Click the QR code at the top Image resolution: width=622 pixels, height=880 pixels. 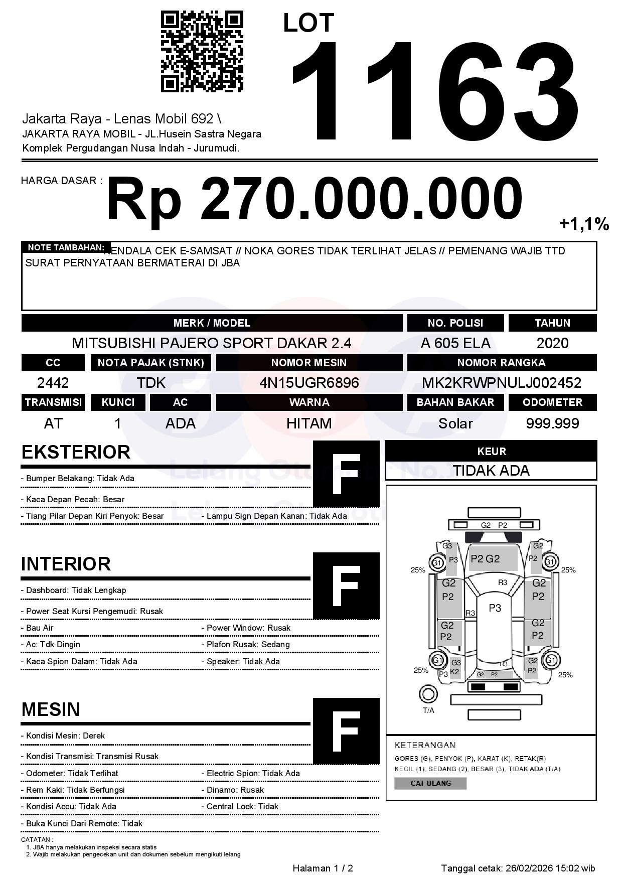coord(202,52)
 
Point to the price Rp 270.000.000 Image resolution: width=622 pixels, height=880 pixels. coord(315,199)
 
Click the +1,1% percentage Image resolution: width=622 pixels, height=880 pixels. coord(584,224)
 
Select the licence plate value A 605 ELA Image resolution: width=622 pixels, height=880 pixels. coord(455,343)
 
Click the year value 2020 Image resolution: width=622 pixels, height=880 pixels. coord(552,343)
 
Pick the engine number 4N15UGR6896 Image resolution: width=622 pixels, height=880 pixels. coord(309,383)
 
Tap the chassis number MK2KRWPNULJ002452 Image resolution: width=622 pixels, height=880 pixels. coord(502,383)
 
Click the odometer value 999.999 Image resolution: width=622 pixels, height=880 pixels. coord(552,423)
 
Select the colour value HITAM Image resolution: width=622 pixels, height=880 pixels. coord(309,423)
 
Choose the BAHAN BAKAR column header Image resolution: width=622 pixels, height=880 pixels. coord(455,402)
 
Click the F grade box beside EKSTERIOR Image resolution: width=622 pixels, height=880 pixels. coord(346,474)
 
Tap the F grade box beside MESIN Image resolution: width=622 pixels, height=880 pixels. coord(346,731)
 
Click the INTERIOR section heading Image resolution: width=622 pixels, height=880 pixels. coord(66,564)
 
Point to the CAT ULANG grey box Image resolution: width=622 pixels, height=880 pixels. coord(430,783)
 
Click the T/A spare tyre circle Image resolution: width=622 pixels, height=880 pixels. coord(428,694)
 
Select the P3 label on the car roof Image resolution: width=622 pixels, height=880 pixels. coord(495,608)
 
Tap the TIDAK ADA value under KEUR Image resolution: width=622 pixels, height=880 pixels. coord(491,471)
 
